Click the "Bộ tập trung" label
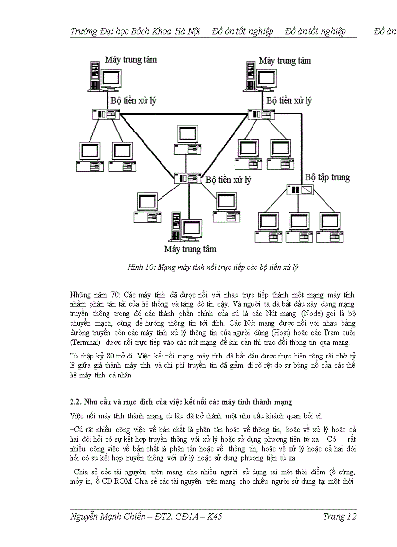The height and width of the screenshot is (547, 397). click(x=327, y=177)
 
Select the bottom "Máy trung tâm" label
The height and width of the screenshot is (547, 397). click(x=190, y=249)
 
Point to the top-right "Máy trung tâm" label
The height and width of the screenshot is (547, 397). click(x=285, y=61)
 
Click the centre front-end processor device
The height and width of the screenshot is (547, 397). click(x=188, y=178)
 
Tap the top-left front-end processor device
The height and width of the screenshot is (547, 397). click(x=106, y=114)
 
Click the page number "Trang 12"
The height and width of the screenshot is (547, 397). click(x=340, y=517)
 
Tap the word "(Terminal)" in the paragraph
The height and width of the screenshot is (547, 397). click(x=87, y=341)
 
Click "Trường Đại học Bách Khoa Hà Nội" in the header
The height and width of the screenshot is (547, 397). click(x=136, y=32)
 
